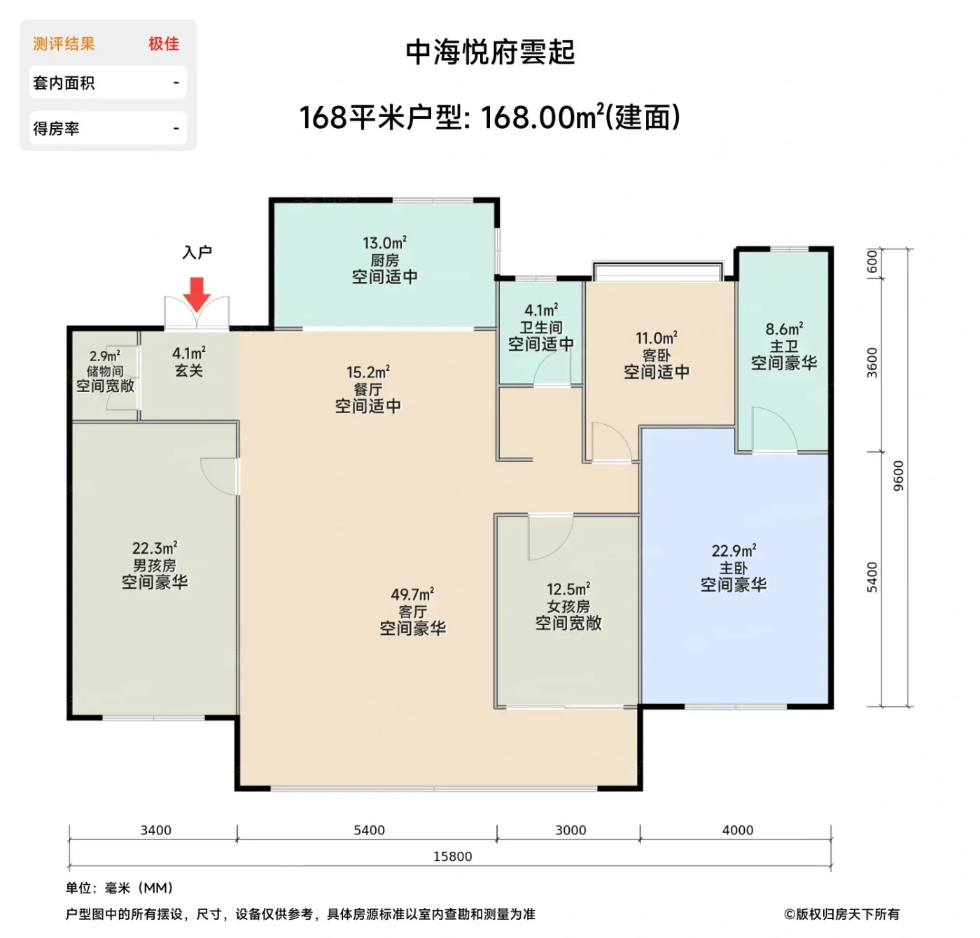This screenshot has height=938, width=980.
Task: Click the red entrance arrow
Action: pyautogui.click(x=197, y=294)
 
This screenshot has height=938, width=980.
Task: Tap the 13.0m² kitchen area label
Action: pyautogui.click(x=385, y=243)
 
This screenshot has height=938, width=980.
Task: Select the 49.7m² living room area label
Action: pyautogui.click(x=412, y=594)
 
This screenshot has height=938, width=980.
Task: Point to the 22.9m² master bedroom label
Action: pyautogui.click(x=734, y=551)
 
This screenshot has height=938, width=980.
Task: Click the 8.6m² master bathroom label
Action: pyautogui.click(x=784, y=329)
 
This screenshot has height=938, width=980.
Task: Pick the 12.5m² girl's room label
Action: pyautogui.click(x=568, y=589)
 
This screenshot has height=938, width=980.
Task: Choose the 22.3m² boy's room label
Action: pyautogui.click(x=155, y=548)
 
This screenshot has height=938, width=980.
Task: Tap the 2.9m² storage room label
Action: pyautogui.click(x=105, y=356)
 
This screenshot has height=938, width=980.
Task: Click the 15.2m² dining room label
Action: pyautogui.click(x=368, y=372)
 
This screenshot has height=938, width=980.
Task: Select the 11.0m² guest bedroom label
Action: pyautogui.click(x=657, y=338)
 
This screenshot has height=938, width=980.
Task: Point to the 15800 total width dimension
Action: pyautogui.click(x=453, y=856)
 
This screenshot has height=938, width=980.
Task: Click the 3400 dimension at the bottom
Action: pyautogui.click(x=155, y=830)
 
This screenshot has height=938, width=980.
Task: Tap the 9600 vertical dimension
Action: pyautogui.click(x=898, y=476)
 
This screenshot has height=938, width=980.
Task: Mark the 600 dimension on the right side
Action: pyautogui.click(x=872, y=262)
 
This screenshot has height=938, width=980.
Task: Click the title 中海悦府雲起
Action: pyautogui.click(x=491, y=52)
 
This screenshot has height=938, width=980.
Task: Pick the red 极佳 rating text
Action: pyautogui.click(x=164, y=44)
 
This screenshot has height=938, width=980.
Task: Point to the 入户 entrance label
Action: pyautogui.click(x=197, y=252)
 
